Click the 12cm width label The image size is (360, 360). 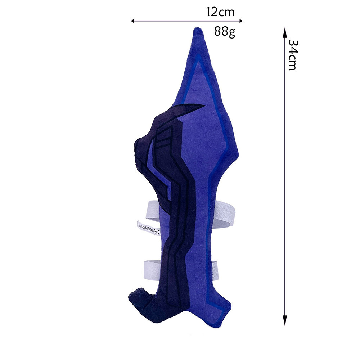(x=220, y=12)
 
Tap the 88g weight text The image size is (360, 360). (x=225, y=31)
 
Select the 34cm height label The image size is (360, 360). (x=292, y=55)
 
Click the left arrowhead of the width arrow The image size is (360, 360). (x=132, y=21)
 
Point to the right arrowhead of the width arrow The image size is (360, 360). (x=241, y=21)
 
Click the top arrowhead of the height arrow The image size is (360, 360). (x=285, y=31)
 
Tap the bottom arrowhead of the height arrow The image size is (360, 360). (x=285, y=321)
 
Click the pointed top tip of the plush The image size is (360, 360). (x=197, y=28)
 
